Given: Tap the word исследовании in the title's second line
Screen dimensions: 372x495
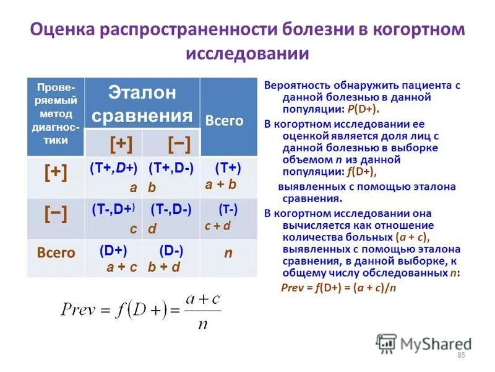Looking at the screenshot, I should coord(247,54).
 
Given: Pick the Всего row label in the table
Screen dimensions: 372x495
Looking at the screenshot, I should coord(56,252).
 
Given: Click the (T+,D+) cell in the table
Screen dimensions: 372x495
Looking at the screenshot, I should coord(113,177).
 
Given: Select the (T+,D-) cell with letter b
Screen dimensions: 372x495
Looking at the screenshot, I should coord(171,177).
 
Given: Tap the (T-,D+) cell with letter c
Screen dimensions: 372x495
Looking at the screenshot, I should coord(113,218).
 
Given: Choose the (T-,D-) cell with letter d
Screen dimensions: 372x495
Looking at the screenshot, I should coord(171,218).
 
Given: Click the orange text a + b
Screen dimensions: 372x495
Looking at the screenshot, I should coord(221,184).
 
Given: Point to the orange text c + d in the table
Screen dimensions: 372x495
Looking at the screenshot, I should coord(218,226).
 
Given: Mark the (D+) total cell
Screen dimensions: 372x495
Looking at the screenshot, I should coord(113,259).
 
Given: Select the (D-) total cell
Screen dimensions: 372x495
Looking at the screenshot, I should coord(171,259).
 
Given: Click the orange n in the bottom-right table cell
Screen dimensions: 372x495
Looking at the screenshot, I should coord(228,254).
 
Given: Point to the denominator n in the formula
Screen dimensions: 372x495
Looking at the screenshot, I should coord(202,324).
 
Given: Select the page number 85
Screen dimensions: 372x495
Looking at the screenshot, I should coord(460,355).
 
